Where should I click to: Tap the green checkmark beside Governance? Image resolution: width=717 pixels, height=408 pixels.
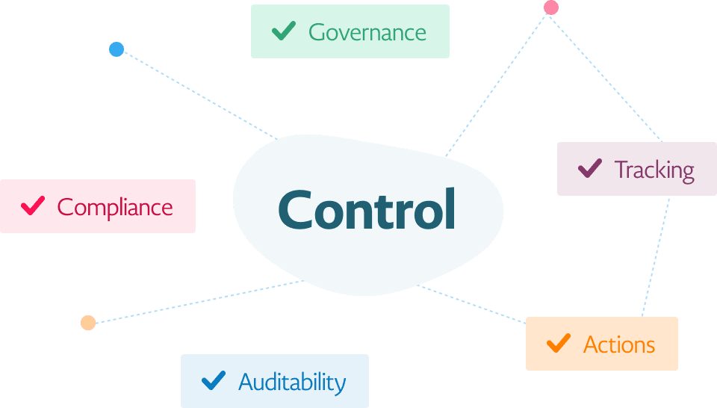tap(283, 31)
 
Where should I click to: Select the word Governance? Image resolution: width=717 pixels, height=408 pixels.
tap(367, 32)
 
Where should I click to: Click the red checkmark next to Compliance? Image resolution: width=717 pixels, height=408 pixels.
tap(33, 205)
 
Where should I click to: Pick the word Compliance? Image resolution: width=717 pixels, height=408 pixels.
tap(115, 207)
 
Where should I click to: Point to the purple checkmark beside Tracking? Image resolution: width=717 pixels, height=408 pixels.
tap(590, 168)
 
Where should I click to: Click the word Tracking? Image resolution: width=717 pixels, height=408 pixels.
tap(654, 170)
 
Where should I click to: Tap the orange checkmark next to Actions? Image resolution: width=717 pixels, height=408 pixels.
tap(558, 343)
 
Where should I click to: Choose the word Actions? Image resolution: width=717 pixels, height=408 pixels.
tap(618, 344)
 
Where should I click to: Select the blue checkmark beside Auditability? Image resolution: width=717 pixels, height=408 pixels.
tap(214, 380)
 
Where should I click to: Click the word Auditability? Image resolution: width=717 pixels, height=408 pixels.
tap(292, 382)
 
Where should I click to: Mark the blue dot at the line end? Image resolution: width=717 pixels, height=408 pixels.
tap(116, 49)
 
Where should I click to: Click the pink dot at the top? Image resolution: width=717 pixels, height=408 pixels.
tap(551, 7)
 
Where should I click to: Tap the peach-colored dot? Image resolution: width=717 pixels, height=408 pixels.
tap(88, 323)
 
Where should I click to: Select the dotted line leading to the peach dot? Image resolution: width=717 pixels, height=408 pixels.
tap(194, 302)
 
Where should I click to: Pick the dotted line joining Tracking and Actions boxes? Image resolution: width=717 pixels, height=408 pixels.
tap(656, 254)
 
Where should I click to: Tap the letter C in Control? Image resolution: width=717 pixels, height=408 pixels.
tap(296, 210)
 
